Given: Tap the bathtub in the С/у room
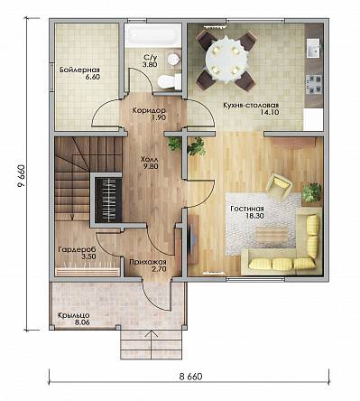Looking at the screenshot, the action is pos(152,35).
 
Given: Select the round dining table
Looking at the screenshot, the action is pos(226,59).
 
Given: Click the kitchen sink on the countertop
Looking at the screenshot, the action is pos(314,48).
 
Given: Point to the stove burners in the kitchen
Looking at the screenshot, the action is pos(314,84).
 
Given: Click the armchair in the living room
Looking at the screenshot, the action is pos(280,185).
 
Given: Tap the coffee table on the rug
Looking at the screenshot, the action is pos(272,235).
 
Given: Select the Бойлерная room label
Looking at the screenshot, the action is pos(79,70).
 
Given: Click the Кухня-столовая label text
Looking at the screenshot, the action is pos(252,106).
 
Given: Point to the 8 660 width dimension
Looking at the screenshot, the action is pos(190,377).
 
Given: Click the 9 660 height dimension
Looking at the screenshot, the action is pos(21,175).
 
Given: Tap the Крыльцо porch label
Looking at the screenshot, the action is pos(74,315).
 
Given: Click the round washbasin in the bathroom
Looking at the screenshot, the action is pos(173,59).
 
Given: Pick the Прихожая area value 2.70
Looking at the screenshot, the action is pos(159,269).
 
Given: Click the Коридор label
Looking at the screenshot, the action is pos(149,110).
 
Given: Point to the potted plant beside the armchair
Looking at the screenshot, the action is pos(311,192).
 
